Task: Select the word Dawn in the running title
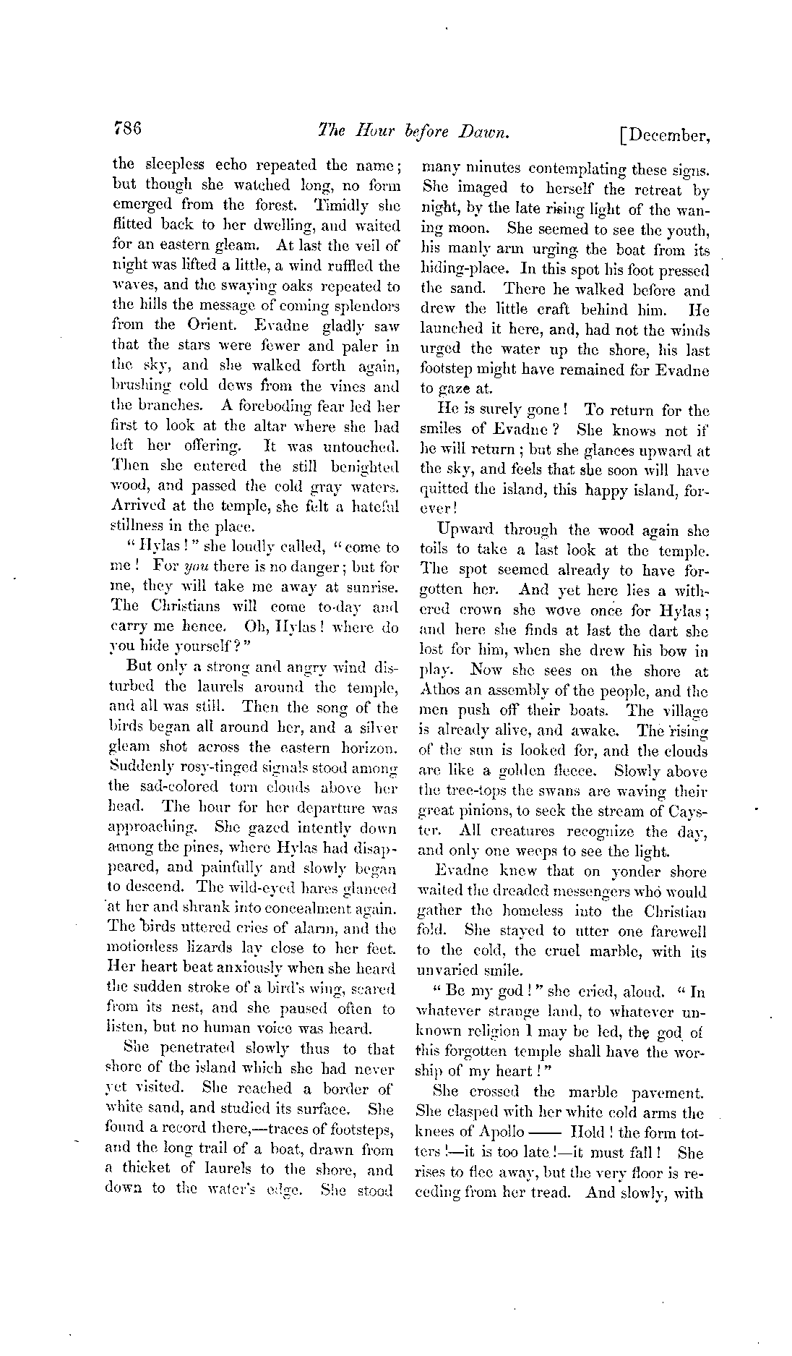coord(483,132)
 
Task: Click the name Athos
coord(439,691)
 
